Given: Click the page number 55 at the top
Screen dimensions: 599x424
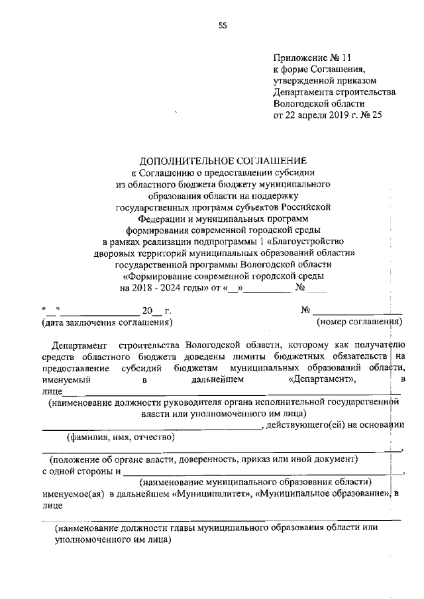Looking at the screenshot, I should point(223,26).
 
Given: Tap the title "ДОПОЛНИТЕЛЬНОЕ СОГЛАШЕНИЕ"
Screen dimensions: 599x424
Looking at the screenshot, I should point(223,161).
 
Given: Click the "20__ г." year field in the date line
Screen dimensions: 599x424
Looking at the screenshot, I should point(152,310).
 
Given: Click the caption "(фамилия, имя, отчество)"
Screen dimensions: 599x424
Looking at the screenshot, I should point(120,437).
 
